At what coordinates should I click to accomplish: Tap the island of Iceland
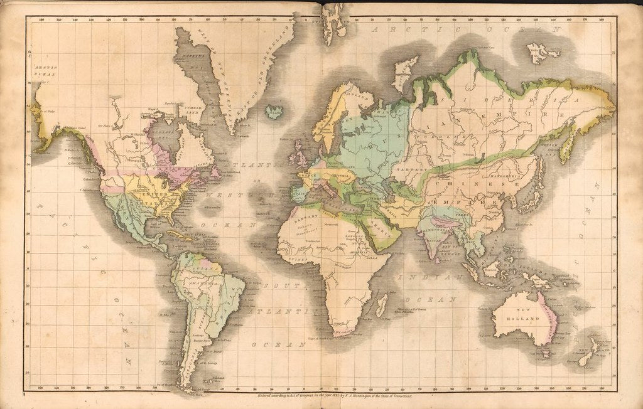tap(274, 112)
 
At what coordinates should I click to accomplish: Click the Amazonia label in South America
tap(210, 283)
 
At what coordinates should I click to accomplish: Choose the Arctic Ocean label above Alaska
tap(45, 70)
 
